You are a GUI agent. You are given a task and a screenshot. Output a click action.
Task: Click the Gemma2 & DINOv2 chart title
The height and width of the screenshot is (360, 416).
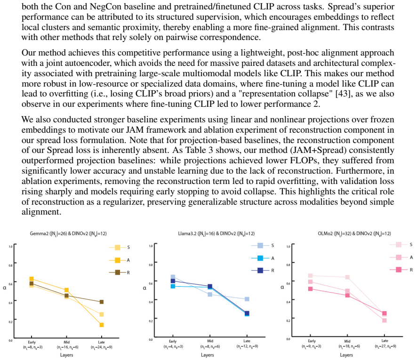click(68, 234)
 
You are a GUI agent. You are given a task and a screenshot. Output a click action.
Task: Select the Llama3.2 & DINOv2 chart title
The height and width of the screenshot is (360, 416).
click(216, 234)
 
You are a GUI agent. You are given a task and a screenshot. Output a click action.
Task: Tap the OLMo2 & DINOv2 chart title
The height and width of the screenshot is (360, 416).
click(354, 234)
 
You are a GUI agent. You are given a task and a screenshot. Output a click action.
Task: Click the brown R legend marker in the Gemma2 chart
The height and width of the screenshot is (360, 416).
click(117, 272)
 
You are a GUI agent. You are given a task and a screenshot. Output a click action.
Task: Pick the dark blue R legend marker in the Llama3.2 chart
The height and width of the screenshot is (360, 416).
click(260, 271)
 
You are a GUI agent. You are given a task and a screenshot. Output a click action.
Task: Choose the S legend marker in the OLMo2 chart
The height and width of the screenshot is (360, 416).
click(399, 245)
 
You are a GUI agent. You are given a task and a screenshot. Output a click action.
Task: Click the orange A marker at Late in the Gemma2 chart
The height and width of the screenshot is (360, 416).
click(101, 325)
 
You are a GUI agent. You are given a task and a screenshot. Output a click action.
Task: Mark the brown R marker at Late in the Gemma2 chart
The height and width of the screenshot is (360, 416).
click(101, 302)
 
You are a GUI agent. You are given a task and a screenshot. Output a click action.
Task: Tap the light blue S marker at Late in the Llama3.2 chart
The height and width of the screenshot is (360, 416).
click(247, 299)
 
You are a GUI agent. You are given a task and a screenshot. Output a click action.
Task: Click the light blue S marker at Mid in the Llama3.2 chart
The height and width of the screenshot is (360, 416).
click(210, 295)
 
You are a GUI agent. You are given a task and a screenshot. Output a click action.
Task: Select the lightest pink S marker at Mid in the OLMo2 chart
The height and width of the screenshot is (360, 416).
click(347, 277)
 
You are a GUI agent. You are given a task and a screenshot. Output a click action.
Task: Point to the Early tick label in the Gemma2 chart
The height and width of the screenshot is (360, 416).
click(32, 342)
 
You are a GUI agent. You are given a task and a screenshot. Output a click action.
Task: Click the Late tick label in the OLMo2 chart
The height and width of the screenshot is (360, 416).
click(384, 341)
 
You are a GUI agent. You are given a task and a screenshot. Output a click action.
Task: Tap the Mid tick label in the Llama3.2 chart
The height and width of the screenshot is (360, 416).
click(210, 341)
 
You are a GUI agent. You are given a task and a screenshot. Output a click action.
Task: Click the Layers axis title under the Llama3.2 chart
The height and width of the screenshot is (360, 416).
click(207, 355)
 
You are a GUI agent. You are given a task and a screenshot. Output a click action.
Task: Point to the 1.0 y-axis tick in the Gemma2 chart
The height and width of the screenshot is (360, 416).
click(10, 247)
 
